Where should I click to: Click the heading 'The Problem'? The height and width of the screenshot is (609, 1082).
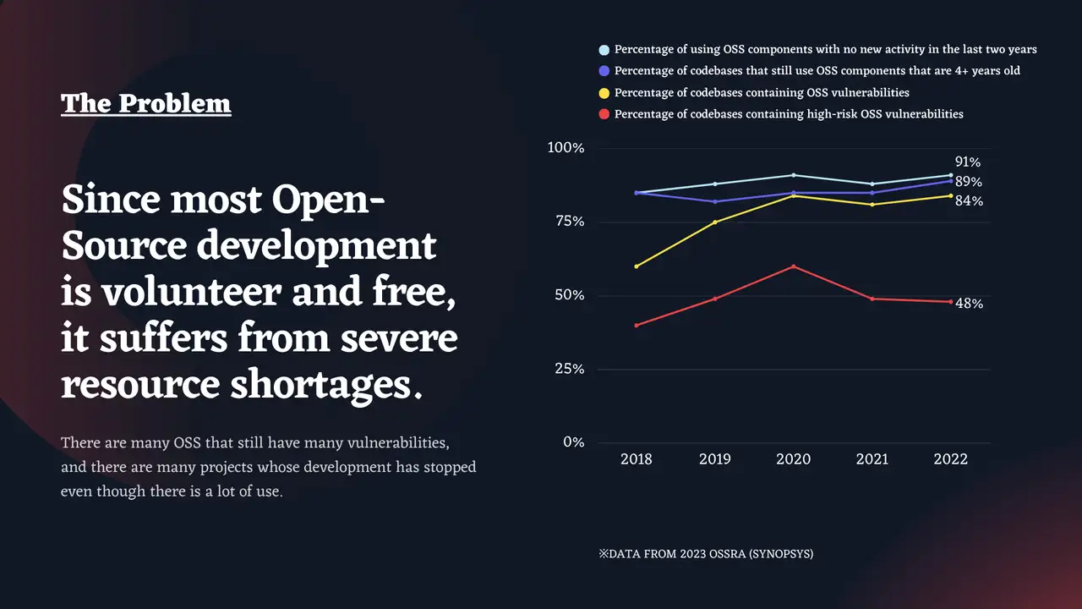[145, 103]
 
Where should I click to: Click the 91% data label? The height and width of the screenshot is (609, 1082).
[968, 162]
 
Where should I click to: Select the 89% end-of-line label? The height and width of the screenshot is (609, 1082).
[968, 182]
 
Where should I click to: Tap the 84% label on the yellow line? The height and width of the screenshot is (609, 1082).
[969, 201]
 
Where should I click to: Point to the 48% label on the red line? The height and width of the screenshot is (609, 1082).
[969, 304]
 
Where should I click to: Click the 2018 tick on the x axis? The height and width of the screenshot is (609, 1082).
[636, 459]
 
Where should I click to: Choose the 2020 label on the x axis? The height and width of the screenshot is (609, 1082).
[793, 459]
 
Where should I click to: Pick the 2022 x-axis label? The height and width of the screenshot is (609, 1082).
[950, 459]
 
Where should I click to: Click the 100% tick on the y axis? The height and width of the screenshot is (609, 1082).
[566, 148]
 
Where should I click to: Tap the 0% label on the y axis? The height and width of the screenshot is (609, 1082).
[572, 442]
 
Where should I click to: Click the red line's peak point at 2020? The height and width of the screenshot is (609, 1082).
[793, 266]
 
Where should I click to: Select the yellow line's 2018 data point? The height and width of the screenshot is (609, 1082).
[636, 266]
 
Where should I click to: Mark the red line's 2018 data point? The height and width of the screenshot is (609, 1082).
[636, 325]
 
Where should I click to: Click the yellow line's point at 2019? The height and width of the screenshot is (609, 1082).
[714, 222]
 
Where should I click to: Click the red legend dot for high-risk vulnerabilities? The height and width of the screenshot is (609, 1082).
[604, 113]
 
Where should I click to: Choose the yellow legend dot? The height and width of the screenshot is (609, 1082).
[604, 92]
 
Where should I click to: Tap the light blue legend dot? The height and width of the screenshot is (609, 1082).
[604, 50]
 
